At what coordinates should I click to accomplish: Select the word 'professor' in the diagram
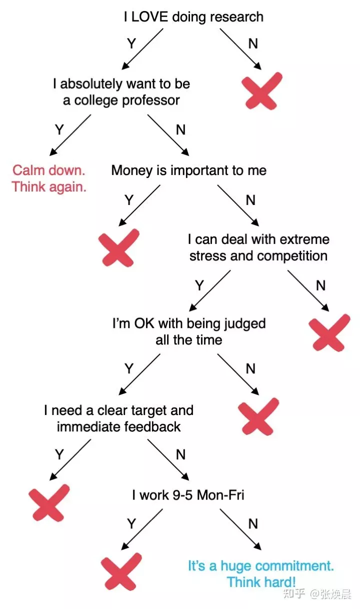click(x=152, y=100)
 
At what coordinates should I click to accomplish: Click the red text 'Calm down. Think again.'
click(x=49, y=178)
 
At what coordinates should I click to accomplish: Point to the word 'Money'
click(x=131, y=170)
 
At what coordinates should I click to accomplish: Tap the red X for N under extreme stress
click(x=329, y=332)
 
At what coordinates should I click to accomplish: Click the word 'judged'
click(x=241, y=323)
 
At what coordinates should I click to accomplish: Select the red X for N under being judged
click(x=258, y=416)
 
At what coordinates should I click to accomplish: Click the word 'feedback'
click(x=153, y=427)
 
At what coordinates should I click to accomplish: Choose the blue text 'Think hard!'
click(x=261, y=582)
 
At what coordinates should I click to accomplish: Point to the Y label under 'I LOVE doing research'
click(x=131, y=44)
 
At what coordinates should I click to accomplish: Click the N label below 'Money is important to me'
click(x=250, y=200)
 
